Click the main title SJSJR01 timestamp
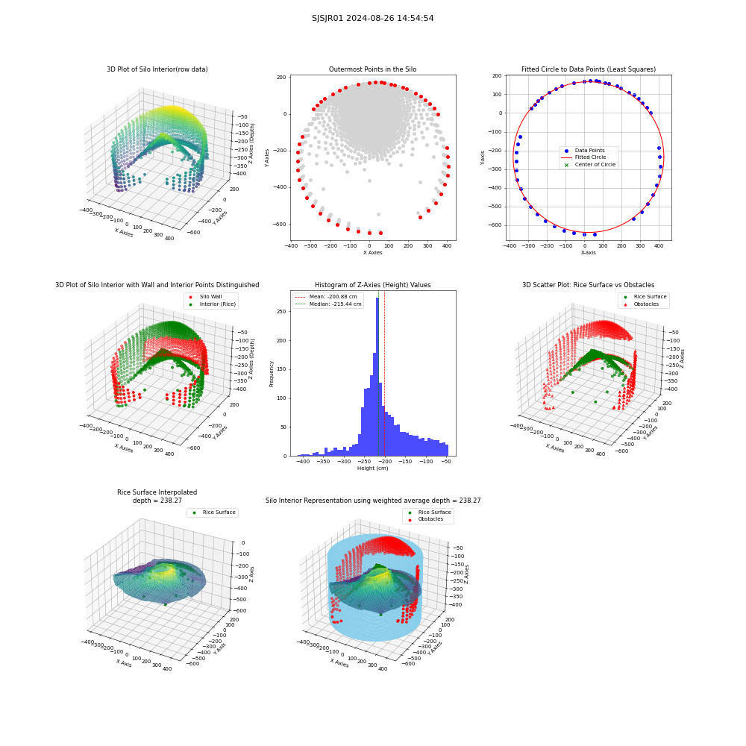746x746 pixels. [x=372, y=18]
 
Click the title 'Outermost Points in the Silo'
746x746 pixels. [x=372, y=69]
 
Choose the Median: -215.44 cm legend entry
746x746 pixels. [x=328, y=304]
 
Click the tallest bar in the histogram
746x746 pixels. [x=377, y=377]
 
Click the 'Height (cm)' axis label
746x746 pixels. [x=372, y=468]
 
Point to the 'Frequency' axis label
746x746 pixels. [x=272, y=374]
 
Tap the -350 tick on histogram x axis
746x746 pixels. [x=323, y=461]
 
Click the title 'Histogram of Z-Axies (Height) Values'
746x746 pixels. [x=372, y=285]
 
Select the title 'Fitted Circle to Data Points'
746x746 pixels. [x=589, y=69]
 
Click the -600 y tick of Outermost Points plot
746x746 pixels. [x=280, y=224]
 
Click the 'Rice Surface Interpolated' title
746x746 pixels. [x=157, y=492]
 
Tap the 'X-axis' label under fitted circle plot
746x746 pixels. [x=588, y=253]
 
